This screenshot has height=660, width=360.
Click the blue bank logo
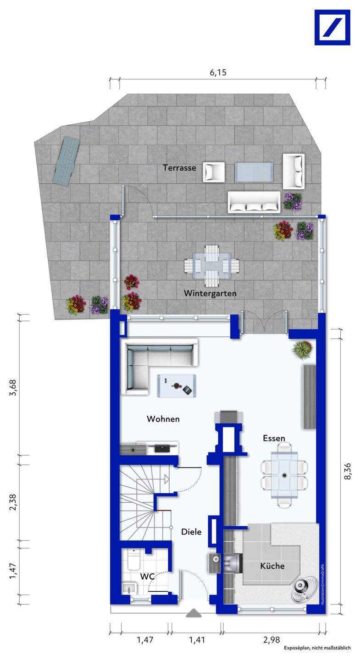pyautogui.click(x=332, y=27)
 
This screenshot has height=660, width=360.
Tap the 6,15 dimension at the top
pyautogui.click(x=218, y=72)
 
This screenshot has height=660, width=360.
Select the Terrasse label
pyautogui.click(x=179, y=168)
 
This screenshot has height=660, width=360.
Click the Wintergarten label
pyautogui.click(x=210, y=293)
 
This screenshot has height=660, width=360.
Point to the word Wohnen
pyautogui.click(x=163, y=419)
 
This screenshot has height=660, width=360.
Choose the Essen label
pyautogui.click(x=274, y=438)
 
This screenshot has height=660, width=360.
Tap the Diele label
pyautogui.click(x=191, y=532)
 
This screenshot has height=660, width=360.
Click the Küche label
pyautogui.click(x=272, y=566)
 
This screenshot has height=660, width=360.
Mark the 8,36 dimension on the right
pyautogui.click(x=348, y=471)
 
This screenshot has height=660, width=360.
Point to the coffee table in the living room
pyautogui.click(x=176, y=386)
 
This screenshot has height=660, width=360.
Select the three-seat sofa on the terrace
pyautogui.click(x=254, y=202)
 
